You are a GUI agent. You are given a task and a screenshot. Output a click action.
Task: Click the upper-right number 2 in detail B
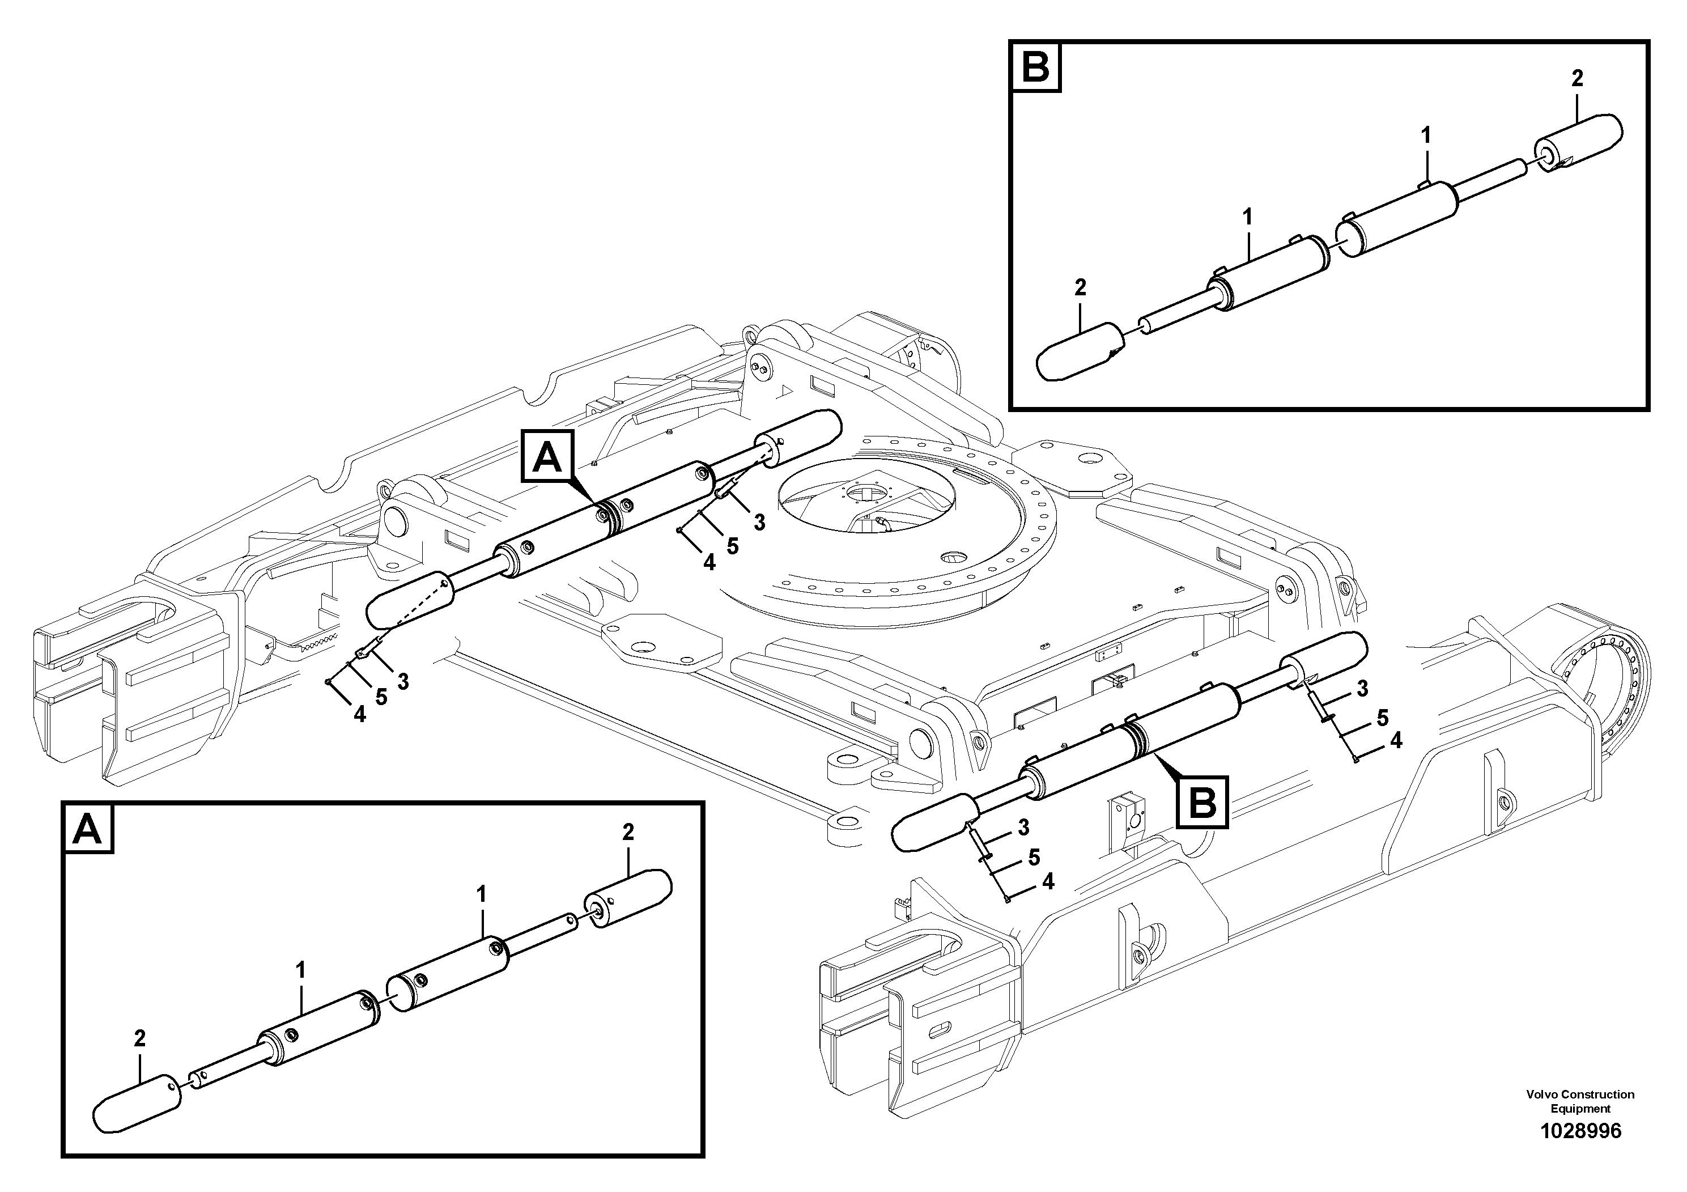click(1577, 79)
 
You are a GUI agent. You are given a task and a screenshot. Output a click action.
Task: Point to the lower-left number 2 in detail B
click(1080, 287)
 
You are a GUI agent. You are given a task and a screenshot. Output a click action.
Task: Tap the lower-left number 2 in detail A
click(139, 1038)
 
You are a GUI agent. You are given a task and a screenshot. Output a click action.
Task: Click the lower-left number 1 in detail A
click(300, 971)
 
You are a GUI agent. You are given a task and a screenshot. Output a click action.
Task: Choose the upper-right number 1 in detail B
click(1425, 135)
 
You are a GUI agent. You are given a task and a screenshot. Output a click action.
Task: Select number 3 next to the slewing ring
click(759, 522)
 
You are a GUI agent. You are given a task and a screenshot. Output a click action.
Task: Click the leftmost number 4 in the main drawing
click(359, 714)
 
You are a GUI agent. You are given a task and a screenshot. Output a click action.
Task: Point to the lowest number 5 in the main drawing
click(1034, 857)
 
